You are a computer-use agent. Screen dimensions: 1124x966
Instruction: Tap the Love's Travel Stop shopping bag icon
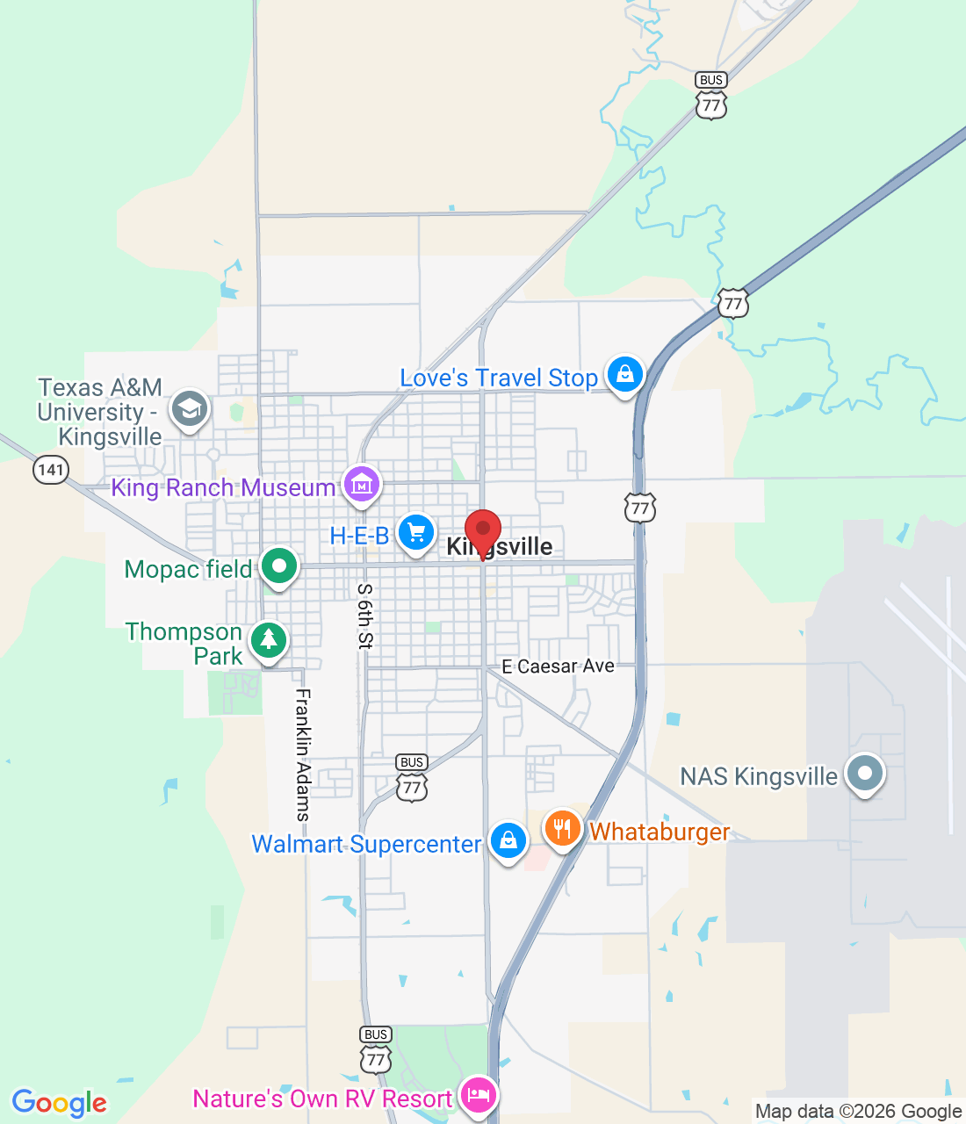[624, 374]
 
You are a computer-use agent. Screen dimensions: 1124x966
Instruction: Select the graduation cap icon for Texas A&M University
[190, 409]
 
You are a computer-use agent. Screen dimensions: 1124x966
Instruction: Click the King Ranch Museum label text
[223, 487]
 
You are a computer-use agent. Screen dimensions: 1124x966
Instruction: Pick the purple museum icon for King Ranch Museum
[361, 483]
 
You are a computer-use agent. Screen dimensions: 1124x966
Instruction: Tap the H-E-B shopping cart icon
[416, 533]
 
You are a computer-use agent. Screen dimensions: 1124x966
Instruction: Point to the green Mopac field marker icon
[278, 566]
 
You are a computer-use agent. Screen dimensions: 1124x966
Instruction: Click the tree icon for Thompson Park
[269, 640]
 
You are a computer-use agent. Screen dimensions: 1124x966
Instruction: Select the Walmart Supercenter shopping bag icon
[508, 840]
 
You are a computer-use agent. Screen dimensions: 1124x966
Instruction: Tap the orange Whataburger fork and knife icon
[562, 828]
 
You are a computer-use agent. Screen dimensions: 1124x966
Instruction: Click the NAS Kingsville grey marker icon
[865, 774]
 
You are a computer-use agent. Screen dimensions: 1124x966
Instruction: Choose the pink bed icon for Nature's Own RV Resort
[478, 1096]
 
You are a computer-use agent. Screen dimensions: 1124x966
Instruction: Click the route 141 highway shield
[51, 470]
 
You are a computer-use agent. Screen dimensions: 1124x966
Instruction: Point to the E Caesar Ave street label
[559, 666]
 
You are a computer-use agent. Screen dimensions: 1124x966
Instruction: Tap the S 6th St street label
[365, 616]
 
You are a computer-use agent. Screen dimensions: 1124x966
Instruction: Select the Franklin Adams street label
[303, 754]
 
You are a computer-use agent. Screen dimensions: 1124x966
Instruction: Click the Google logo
[60, 1103]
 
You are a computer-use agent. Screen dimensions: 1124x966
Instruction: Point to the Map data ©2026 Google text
[858, 1112]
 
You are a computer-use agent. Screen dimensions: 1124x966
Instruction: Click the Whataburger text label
[660, 832]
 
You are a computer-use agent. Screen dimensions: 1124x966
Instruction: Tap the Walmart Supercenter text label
[366, 844]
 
